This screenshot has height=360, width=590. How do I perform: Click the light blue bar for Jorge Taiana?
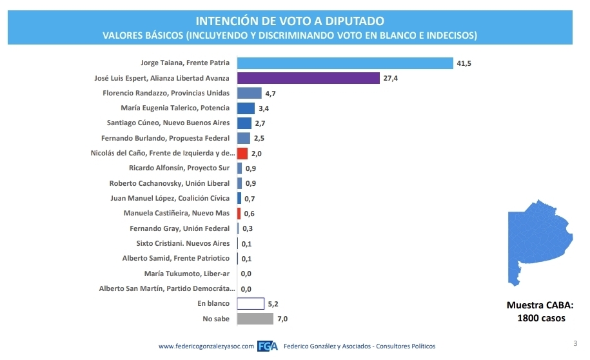point(345,63)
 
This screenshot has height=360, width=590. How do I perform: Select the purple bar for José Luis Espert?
point(308,78)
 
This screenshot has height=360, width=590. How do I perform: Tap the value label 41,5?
point(464,63)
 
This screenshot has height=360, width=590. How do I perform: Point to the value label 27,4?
point(390,78)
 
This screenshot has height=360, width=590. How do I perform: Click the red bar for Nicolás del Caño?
point(242,154)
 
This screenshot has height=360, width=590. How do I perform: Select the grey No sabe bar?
point(255,319)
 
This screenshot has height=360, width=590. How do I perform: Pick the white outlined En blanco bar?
point(251,303)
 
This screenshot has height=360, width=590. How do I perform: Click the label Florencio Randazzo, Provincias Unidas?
point(166,93)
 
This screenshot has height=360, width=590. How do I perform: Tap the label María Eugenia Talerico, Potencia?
point(175,108)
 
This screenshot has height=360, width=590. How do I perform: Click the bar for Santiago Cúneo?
point(244,123)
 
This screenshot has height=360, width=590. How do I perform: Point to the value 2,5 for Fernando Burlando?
point(259,138)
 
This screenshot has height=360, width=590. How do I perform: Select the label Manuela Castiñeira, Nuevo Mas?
point(176,214)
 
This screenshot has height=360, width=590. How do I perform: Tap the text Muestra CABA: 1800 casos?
point(539,312)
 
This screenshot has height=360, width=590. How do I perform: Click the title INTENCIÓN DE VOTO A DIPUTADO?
point(290,21)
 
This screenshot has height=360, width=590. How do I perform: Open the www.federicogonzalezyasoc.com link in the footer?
point(206,346)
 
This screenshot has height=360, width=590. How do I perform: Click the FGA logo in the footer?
point(268,346)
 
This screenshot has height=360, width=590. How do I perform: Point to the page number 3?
point(575,343)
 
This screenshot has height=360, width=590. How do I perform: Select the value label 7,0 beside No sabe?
point(282,319)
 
